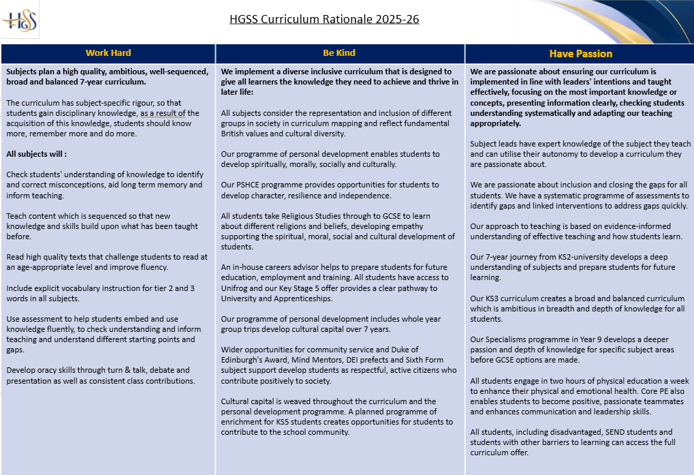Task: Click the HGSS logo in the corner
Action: pos(20,20)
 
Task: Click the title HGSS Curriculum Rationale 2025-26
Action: pos(324,18)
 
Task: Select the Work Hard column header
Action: pos(108,53)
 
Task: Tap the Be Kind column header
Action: pos(339,53)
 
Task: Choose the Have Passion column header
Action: pos(580,54)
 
